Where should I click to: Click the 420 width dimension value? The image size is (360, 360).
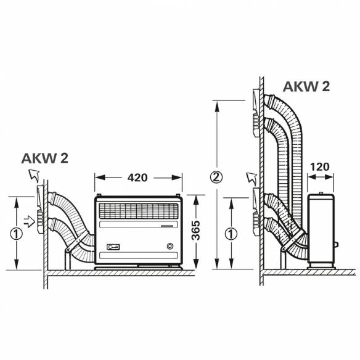(138, 178)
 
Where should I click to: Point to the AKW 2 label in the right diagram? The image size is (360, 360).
(306, 86)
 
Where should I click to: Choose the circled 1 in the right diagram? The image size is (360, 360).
(230, 234)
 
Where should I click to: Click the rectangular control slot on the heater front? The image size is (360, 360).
(113, 247)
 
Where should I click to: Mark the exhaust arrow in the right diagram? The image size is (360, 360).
(250, 179)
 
